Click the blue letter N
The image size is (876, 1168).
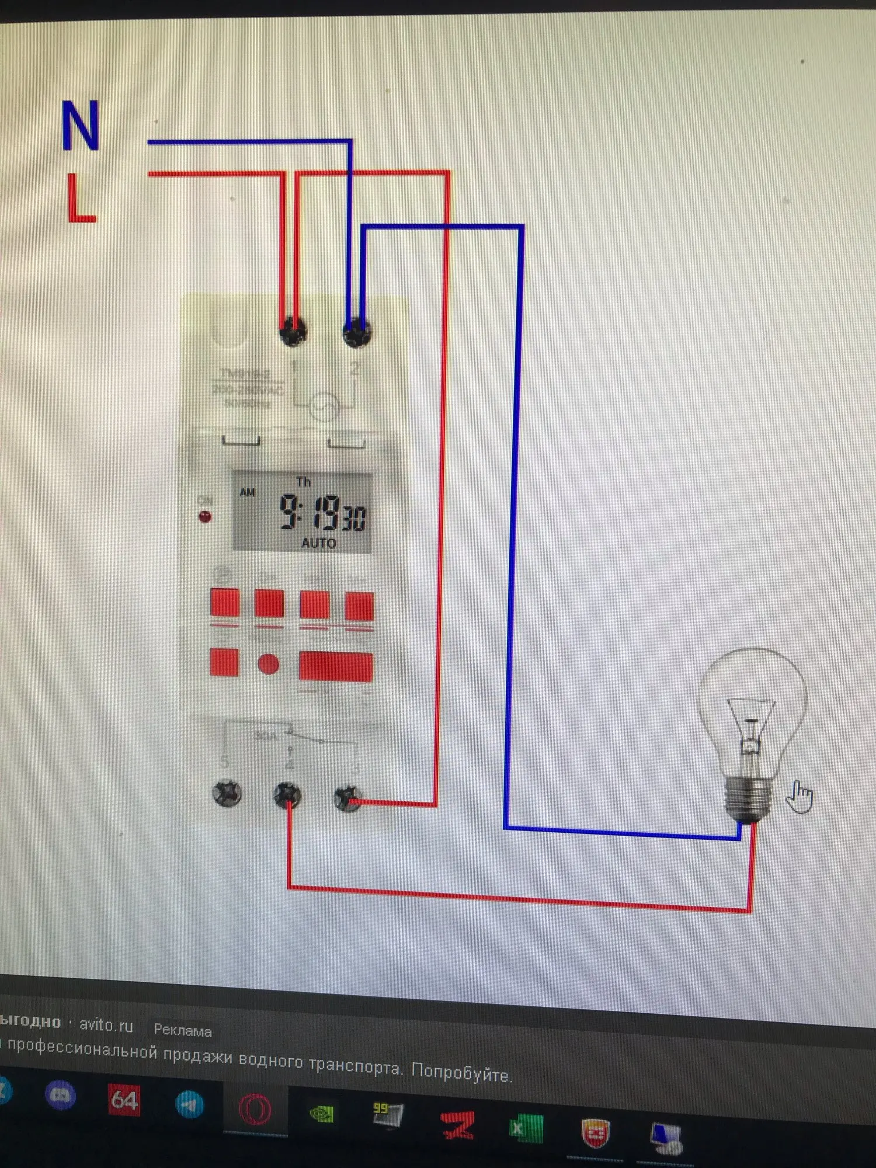coord(81,126)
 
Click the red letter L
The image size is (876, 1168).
coord(81,199)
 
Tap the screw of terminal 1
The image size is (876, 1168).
coord(293,332)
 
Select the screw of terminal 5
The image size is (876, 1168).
coord(227,793)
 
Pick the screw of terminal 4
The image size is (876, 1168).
coord(288,795)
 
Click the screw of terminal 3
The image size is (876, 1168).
coord(347,798)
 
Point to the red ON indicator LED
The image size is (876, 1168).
coord(205,516)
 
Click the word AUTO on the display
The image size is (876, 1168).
coord(318,543)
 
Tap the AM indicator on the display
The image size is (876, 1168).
coord(247,492)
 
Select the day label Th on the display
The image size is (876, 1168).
coord(303,482)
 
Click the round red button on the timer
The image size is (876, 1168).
coord(268,664)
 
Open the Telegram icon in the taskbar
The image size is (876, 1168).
coord(190,1104)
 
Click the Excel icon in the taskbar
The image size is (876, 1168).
coord(526,1128)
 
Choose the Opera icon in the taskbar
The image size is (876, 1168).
coord(255,1110)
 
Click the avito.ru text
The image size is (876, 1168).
coord(106,1026)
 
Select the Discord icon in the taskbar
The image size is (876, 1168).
coord(60,1095)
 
